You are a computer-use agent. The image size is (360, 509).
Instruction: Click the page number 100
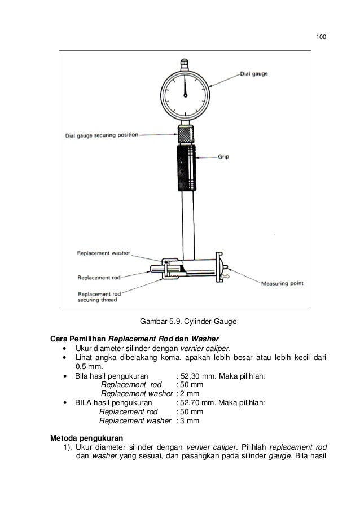(321, 37)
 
